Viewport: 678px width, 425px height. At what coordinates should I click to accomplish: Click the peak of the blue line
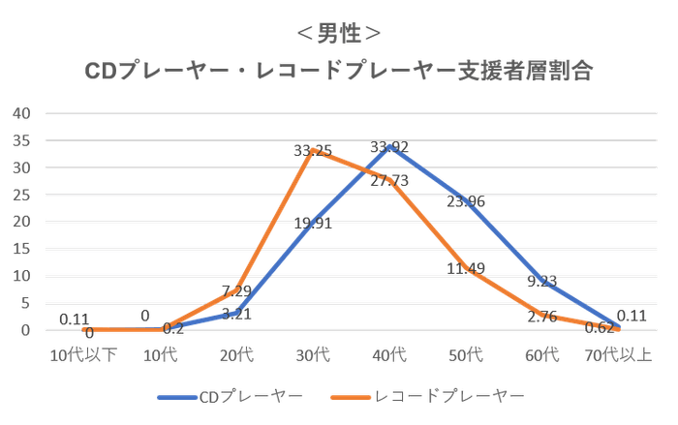click(x=389, y=148)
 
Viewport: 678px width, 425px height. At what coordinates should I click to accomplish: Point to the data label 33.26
click(x=311, y=150)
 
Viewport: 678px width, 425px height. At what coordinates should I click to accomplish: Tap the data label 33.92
click(x=389, y=147)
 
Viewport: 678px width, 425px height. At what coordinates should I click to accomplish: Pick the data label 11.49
click(x=466, y=267)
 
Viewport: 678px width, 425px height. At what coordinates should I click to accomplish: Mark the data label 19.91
click(x=313, y=222)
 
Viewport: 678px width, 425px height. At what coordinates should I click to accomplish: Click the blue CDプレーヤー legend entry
click(x=229, y=396)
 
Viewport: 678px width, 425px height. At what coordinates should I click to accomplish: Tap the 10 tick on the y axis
click(x=23, y=277)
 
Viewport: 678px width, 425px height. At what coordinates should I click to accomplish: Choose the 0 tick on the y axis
click(x=25, y=331)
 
